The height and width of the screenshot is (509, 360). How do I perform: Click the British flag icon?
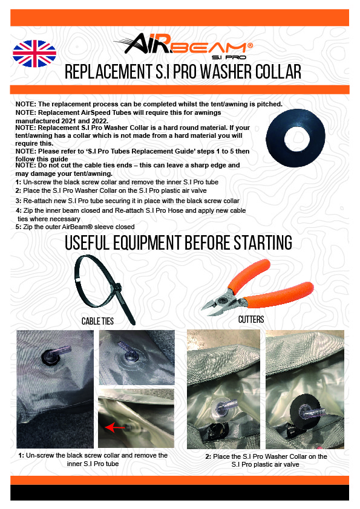click(34, 54)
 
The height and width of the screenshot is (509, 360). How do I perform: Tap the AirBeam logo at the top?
click(185, 46)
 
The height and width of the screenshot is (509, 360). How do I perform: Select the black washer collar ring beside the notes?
click(295, 138)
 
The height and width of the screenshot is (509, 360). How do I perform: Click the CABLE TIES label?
click(97, 321)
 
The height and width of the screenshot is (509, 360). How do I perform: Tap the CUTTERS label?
click(251, 319)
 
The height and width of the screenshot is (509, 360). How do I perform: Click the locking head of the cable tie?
click(117, 288)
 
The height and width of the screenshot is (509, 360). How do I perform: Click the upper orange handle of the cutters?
click(249, 275)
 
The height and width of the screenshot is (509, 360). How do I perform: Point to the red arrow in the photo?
click(115, 427)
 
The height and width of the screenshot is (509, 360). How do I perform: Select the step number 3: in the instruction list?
click(18, 201)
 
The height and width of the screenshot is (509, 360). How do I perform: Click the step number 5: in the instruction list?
click(18, 227)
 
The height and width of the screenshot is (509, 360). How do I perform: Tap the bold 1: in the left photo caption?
click(21, 455)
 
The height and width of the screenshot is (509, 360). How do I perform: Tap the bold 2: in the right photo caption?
click(208, 456)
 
